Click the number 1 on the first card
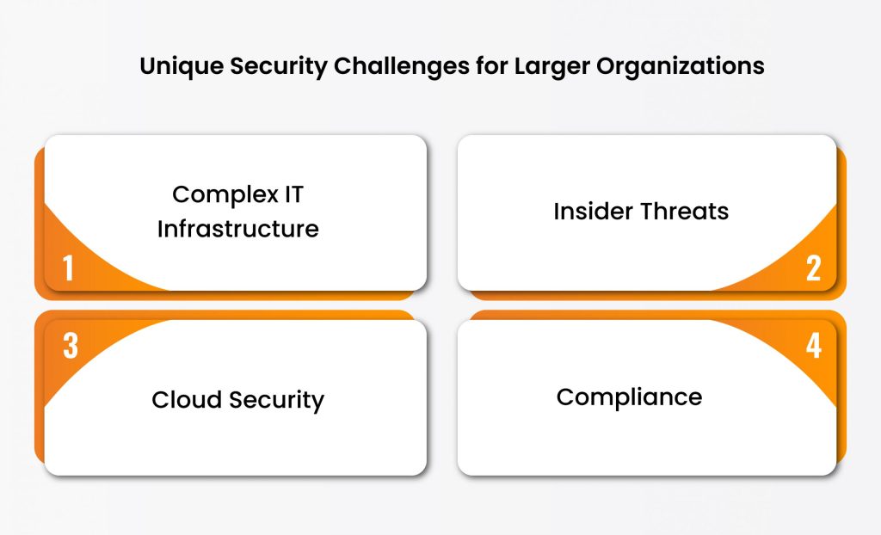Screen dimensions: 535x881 (69, 268)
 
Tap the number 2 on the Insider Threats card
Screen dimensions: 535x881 (813, 268)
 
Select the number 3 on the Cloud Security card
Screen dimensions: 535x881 (71, 345)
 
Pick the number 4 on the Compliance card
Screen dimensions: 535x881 (813, 345)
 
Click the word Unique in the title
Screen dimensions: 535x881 (176, 66)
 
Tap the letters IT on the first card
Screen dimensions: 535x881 (293, 194)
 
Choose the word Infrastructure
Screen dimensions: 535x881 (237, 229)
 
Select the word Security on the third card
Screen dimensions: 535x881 (275, 400)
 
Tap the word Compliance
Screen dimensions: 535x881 (629, 397)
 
